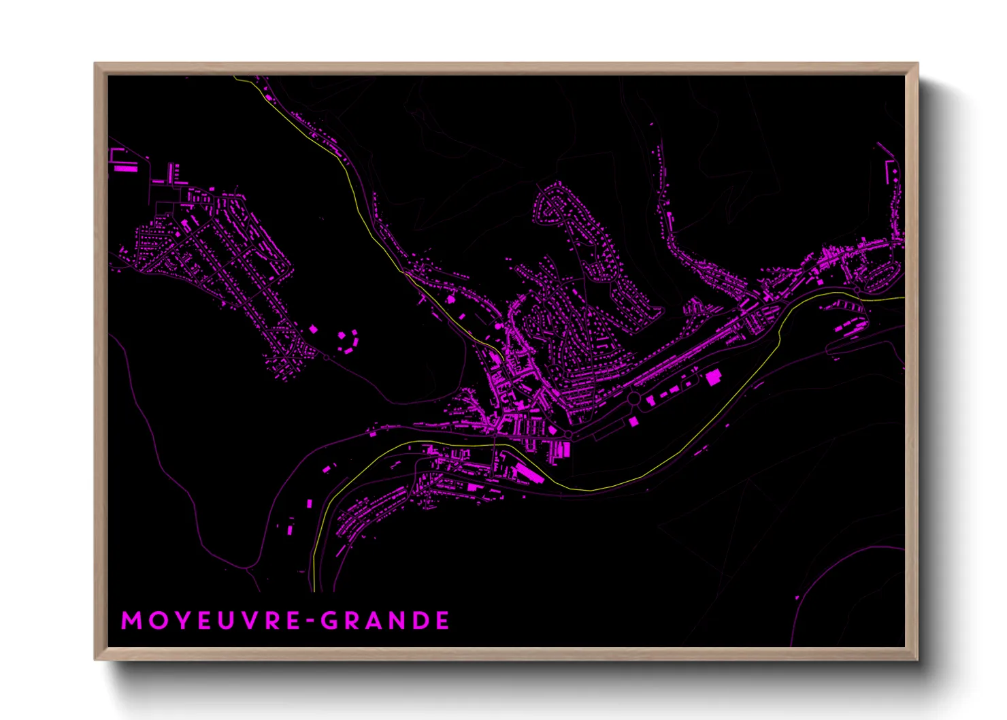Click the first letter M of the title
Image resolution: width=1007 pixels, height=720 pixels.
point(131,621)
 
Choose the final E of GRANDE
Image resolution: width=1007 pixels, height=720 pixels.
point(443,621)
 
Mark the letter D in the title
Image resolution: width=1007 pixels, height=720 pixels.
point(420,621)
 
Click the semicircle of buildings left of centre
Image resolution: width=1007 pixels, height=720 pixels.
point(348,341)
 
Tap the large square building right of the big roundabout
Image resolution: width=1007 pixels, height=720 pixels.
point(713,378)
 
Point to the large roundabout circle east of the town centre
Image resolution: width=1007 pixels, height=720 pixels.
point(633,398)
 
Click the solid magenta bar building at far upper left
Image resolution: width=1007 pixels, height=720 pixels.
point(125,167)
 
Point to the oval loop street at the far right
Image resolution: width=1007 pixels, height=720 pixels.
point(878,274)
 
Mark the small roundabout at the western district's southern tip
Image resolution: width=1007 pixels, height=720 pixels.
point(326,357)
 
